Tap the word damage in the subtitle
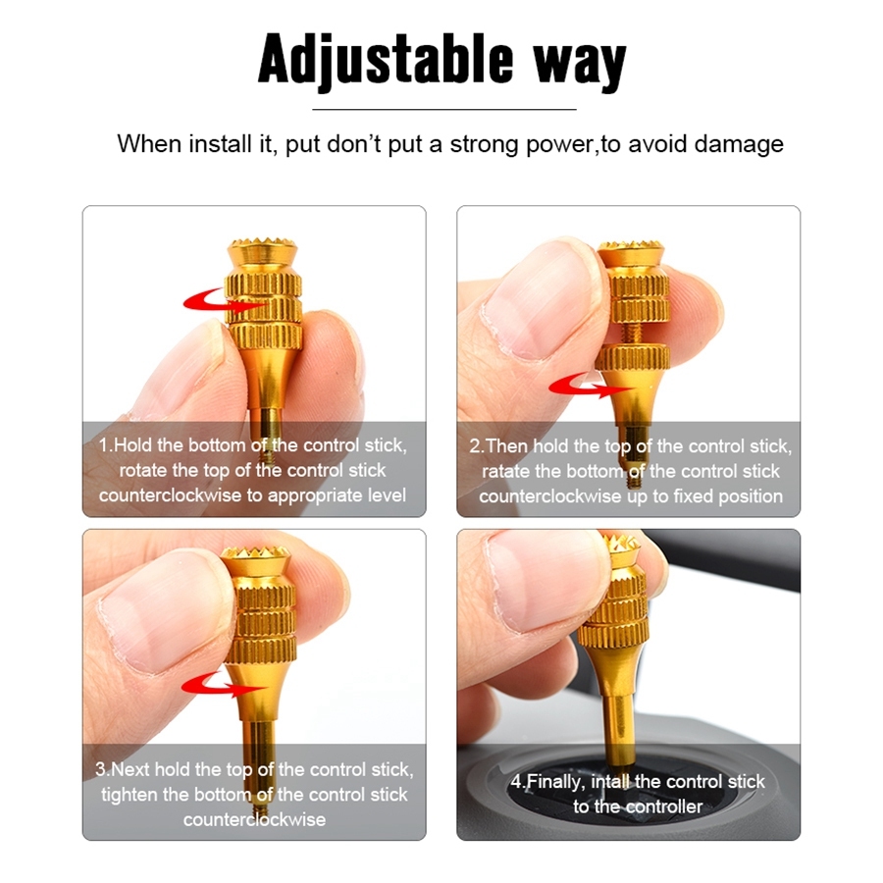point(739,144)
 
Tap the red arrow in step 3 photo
point(221,684)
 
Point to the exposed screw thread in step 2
point(635,333)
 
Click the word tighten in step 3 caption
point(130,795)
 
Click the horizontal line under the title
point(444,109)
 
